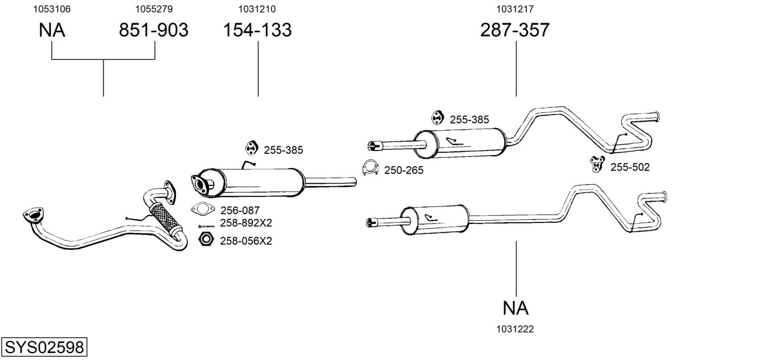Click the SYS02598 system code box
point(44,347)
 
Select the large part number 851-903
point(153,30)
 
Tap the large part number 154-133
point(257,30)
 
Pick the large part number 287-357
point(515,30)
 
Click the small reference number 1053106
point(52,9)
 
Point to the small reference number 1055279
point(154,9)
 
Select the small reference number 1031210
point(257,9)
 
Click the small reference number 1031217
point(515,9)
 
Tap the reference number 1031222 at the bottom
point(515,329)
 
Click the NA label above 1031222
point(516,308)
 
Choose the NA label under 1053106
point(52,30)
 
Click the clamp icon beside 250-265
point(370,168)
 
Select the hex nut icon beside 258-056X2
point(206,239)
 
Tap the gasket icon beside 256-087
point(203,209)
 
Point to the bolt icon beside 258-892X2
point(206,226)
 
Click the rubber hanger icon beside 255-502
point(597,164)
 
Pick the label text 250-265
point(404,170)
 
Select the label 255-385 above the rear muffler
point(469,119)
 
